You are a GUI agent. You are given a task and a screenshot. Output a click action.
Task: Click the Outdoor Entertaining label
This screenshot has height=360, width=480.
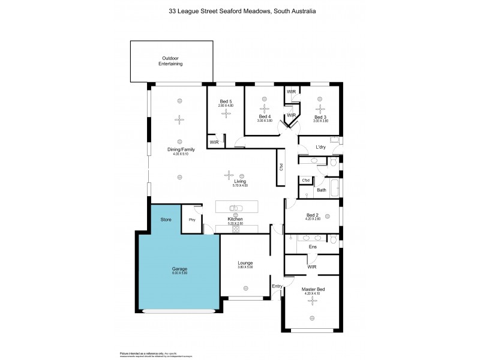[170, 61]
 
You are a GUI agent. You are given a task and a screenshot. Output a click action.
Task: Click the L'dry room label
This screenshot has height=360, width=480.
[320, 147]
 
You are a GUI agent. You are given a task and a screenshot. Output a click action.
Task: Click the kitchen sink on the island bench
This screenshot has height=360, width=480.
[236, 208]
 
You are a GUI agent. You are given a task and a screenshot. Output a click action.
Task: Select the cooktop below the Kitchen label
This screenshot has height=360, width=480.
[235, 229]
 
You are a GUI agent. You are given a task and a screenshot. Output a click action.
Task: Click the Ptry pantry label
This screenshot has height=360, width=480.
[193, 220]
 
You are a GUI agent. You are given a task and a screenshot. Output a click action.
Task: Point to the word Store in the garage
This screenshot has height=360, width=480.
[166, 220]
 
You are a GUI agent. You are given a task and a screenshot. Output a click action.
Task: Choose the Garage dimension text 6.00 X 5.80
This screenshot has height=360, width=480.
[179, 274]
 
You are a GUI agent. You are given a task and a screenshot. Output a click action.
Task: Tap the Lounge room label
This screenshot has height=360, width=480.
[245, 263]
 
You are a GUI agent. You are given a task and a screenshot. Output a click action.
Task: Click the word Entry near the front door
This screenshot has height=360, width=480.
[277, 286]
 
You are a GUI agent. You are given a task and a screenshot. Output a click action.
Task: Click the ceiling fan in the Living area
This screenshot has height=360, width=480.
[227, 175]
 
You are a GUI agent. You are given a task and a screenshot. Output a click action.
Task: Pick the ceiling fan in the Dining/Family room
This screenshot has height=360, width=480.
[178, 119]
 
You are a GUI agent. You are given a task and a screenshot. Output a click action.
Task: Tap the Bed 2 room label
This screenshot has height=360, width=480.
[313, 215]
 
